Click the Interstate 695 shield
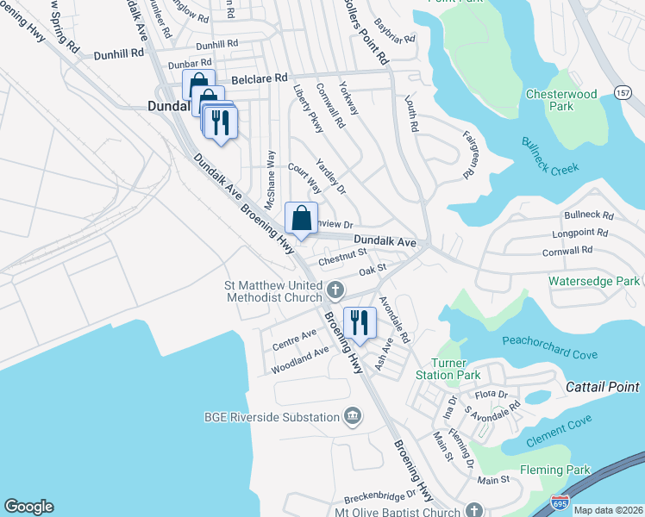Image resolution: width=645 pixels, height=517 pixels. (558, 501)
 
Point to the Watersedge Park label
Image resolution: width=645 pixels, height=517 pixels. (594, 281)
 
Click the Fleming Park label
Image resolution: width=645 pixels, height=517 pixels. (554, 470)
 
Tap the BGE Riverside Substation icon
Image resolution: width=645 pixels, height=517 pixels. (352, 417)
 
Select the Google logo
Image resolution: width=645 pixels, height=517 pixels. (28, 507)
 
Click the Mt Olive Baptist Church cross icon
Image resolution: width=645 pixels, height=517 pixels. (473, 509)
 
